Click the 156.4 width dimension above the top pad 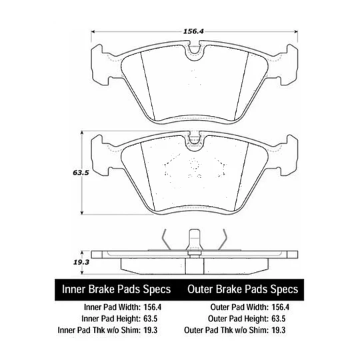tap(193, 31)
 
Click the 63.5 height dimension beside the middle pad tap(81, 173)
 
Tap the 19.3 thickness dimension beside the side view tap(81, 262)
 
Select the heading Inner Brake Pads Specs tap(117, 289)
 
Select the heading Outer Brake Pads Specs tap(243, 289)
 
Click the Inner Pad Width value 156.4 tap(153, 307)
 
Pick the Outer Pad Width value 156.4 tap(280, 307)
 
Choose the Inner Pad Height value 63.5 tap(151, 319)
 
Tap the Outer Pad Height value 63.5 tap(279, 319)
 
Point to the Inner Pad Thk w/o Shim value tap(151, 330)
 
